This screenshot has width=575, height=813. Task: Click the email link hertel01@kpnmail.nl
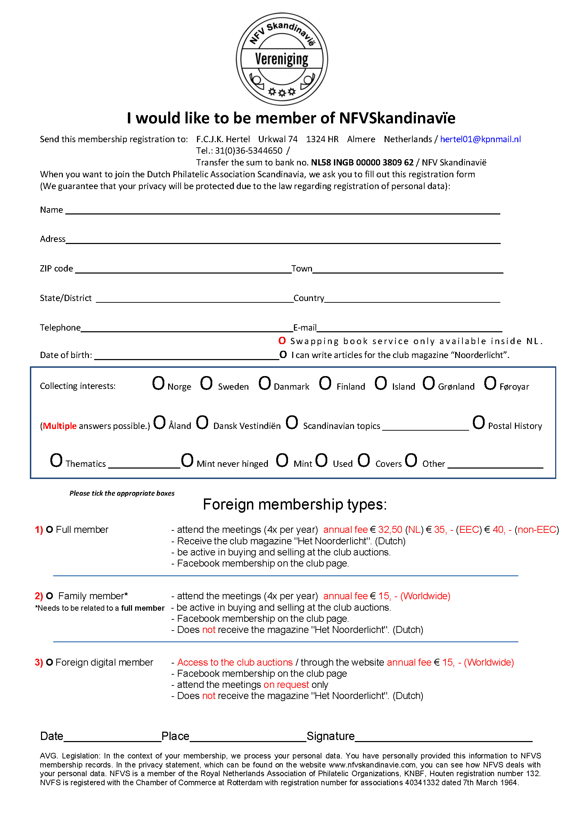pos(480,139)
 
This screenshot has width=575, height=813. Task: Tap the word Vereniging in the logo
pos(281,59)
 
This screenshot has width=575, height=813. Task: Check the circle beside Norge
pos(158,383)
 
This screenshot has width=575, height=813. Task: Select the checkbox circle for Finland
pos(325,383)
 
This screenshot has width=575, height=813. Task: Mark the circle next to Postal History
pos(478,423)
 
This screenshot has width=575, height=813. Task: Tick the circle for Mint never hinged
pos(187,461)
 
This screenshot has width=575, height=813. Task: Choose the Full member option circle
pos(50,530)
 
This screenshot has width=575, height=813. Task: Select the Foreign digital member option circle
pos(50,662)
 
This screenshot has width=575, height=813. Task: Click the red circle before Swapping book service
pos(282,341)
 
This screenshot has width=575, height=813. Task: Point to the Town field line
pos(407,270)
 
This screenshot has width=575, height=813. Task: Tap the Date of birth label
pos(66,355)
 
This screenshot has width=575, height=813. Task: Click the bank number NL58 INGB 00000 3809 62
pos(362,163)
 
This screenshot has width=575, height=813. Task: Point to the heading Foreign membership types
pos(295,504)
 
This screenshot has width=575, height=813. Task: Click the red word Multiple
pos(60,426)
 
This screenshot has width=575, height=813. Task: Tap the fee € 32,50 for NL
pos(386,530)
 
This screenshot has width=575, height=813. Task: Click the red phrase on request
pos(286,685)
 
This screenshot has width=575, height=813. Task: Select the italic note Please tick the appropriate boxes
pos(122,494)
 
